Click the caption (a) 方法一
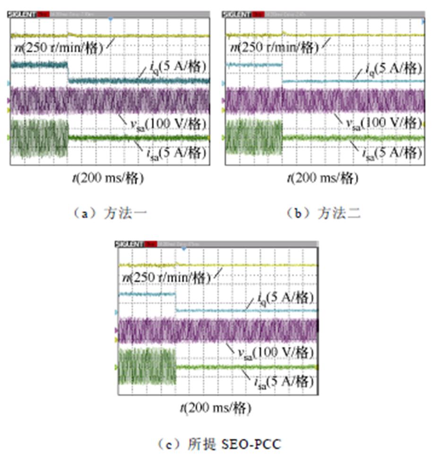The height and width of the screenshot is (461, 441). (x=108, y=213)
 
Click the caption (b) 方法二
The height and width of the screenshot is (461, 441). (x=323, y=213)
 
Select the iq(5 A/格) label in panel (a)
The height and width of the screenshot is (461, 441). (x=173, y=68)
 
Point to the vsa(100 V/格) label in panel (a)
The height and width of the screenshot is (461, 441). (x=168, y=124)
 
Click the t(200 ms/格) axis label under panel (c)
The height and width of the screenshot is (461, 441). (x=215, y=407)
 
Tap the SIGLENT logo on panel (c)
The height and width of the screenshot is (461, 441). (x=130, y=244)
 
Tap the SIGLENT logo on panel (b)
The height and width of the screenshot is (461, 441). (x=237, y=15)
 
